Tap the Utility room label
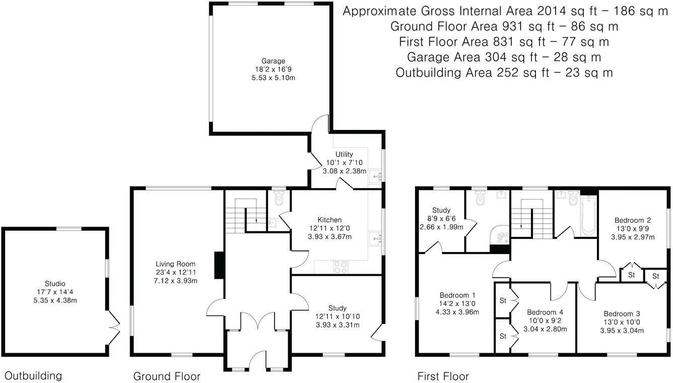[345, 154]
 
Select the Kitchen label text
[329, 220]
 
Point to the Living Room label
[175, 264]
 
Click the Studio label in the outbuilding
[55, 284]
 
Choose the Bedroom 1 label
[458, 295]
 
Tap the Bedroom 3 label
[622, 313]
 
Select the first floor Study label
[441, 210]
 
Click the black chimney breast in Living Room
[219, 265]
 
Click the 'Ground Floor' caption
[167, 376]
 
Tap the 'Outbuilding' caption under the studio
[33, 375]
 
